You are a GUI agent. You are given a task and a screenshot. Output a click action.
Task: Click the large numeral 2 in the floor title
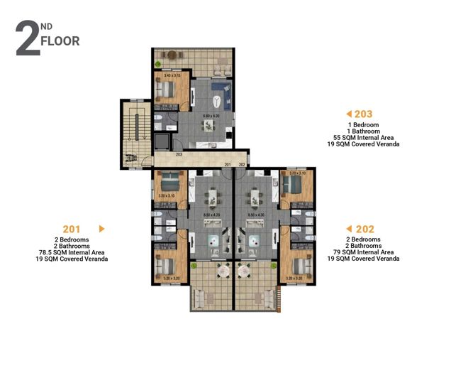point(27,40)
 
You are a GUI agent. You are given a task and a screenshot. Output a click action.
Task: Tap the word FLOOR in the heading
point(60,41)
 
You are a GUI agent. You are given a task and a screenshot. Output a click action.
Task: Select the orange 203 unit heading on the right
point(364,114)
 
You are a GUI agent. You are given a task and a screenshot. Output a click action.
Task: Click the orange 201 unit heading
point(71,229)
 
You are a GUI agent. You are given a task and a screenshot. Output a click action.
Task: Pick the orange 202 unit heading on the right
point(365,229)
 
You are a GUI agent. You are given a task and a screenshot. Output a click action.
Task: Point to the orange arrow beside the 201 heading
point(101,229)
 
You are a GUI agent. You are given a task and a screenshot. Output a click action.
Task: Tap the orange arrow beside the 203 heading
point(348,114)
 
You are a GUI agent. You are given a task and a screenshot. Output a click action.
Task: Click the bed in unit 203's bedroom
point(168,90)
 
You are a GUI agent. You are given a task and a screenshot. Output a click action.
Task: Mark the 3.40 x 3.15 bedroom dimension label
point(172,75)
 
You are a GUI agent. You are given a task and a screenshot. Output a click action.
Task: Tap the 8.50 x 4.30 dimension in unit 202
point(256,215)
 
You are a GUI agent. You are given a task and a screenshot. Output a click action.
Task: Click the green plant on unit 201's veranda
point(197,266)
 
